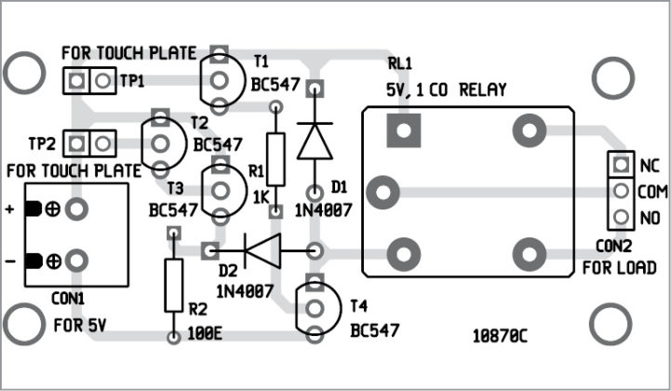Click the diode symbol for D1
pos(315,142)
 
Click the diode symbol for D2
pos(262,249)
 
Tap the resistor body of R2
pos(172,285)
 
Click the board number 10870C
pos(501,333)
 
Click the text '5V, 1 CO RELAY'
pos(447,90)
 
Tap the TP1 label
pos(133,81)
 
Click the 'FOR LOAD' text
pos(619,268)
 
